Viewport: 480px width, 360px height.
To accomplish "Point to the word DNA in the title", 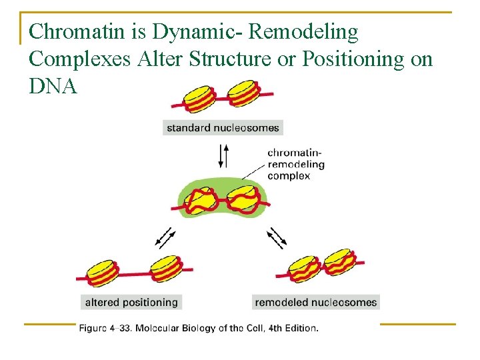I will pyautogui.click(x=53, y=87).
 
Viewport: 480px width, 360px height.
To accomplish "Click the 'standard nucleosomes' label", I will pyautogui.click(x=223, y=127).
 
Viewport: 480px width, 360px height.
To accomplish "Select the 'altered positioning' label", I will pyautogui.click(x=131, y=302).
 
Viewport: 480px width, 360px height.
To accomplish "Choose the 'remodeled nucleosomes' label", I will pyautogui.click(x=315, y=302).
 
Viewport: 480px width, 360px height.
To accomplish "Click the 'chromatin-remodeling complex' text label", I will pyautogui.click(x=296, y=164).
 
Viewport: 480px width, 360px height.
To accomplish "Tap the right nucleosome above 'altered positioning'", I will pyautogui.click(x=165, y=269).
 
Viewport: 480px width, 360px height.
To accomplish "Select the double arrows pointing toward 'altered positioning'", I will pyautogui.click(x=164, y=236).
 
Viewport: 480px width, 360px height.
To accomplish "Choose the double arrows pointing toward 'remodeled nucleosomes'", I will pyautogui.click(x=278, y=236).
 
